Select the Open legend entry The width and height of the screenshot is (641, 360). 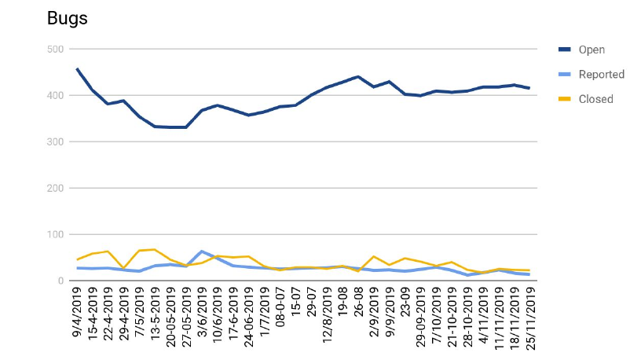591,50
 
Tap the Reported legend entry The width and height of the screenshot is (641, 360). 601,75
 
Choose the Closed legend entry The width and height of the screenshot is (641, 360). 595,99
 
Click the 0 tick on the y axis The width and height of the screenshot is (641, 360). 59,281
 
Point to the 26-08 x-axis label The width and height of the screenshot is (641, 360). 358,303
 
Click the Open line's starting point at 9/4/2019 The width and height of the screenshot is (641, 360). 77,69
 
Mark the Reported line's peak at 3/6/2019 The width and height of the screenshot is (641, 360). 202,252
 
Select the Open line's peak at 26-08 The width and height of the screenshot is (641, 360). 358,77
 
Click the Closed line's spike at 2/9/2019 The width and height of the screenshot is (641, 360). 374,256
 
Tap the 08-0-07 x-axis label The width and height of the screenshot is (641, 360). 280,307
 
